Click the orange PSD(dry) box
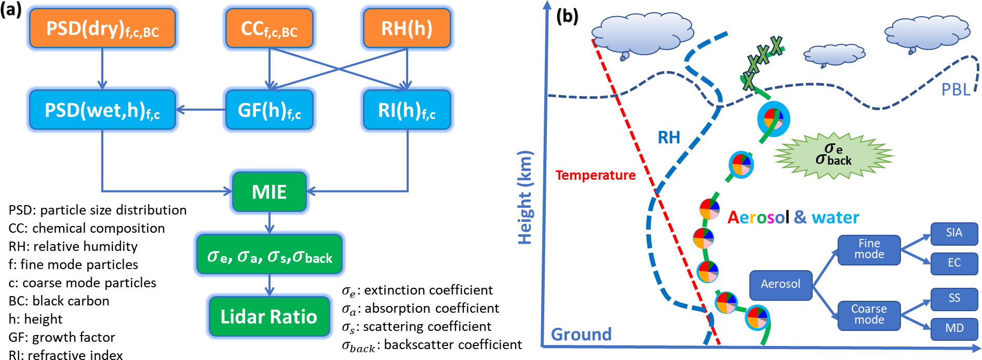pos(102,29)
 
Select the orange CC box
pos(269,29)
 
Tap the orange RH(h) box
pos(407,29)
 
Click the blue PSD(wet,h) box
pos(102,110)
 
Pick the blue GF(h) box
pos(269,110)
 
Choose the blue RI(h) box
pos(407,110)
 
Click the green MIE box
pos(269,192)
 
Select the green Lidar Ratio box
pos(269,316)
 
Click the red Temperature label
pos(595,175)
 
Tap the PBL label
pos(956,90)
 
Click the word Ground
pos(581,334)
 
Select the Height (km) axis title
pos(525,197)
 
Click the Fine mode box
pos(869,249)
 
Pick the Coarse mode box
pos(869,315)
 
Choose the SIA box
pos(954,233)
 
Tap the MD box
pos(954,328)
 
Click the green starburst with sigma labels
pos(833,155)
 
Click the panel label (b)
pos(567,16)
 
